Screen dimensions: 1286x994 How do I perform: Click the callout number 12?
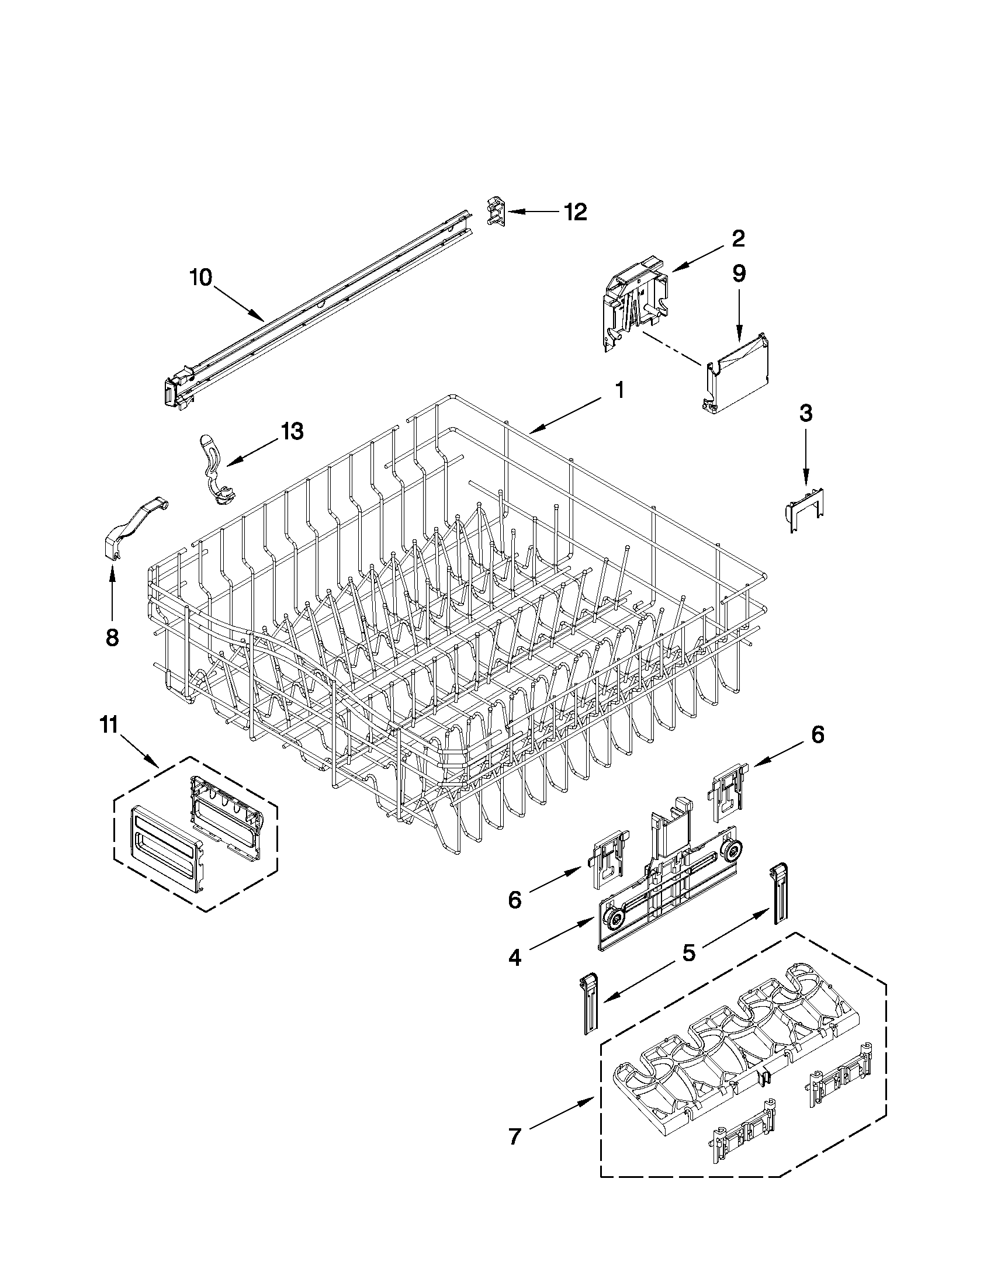(576, 212)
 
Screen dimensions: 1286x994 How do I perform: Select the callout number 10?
(201, 278)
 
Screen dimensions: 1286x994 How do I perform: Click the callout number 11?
(109, 726)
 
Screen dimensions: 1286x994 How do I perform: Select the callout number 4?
(515, 958)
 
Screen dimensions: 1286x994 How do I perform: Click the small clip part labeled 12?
(496, 212)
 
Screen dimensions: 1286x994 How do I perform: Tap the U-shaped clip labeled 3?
(806, 509)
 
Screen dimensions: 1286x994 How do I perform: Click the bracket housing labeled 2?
(636, 300)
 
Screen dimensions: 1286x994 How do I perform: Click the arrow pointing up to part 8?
(112, 589)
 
